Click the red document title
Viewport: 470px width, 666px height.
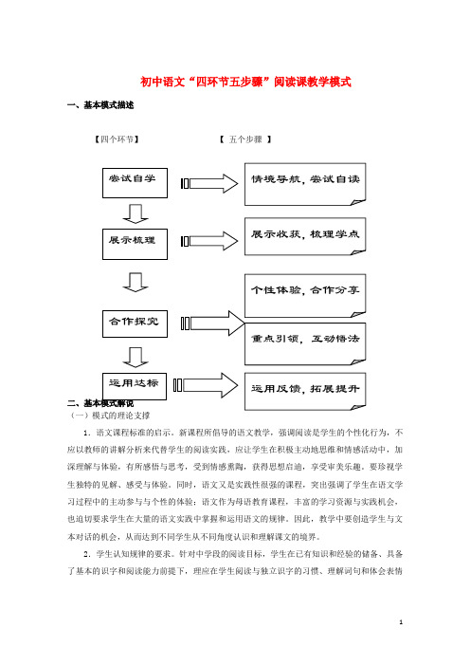coord(245,82)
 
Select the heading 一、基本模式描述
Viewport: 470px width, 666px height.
coord(100,105)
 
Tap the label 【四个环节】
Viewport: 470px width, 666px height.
coord(117,139)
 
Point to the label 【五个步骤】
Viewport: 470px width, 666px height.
coord(245,139)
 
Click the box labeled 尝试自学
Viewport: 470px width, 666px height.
coord(135,183)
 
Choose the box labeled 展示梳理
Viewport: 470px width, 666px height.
coord(135,244)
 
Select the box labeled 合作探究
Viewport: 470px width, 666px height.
coord(135,324)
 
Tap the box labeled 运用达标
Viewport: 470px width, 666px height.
coord(135,386)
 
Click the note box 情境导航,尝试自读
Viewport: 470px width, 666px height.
coord(305,184)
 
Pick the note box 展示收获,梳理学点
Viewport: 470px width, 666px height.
coord(305,236)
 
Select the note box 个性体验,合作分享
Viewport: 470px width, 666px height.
coord(305,296)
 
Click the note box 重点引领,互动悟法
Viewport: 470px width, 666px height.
coord(305,343)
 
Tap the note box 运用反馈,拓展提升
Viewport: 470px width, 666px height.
coord(305,391)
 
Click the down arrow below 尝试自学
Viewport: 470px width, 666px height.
coord(136,213)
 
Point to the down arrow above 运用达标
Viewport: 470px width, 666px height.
coord(136,358)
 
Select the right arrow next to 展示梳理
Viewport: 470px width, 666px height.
coord(209,241)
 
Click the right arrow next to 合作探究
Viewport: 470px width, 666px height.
coord(213,324)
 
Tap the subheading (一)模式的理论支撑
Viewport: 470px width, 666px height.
coord(110,416)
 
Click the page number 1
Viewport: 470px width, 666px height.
coord(401,622)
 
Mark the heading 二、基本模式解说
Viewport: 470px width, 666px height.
coord(100,403)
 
